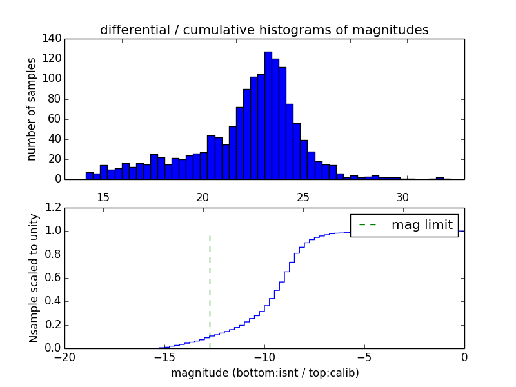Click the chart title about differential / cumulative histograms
pos(264,30)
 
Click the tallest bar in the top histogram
pos(268,116)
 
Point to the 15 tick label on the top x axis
pos(103,197)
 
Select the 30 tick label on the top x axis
pos(402,197)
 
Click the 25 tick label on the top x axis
pos(303,197)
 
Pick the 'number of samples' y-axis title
pos(32,109)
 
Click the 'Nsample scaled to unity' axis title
pos(34,277)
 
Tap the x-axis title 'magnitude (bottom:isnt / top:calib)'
pos(265,373)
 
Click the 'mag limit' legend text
pos(422,225)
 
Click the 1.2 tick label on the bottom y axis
pos(54,208)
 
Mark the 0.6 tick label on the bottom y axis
pos(54,278)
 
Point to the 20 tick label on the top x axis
pos(203,197)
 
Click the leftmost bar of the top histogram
pos(90,176)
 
